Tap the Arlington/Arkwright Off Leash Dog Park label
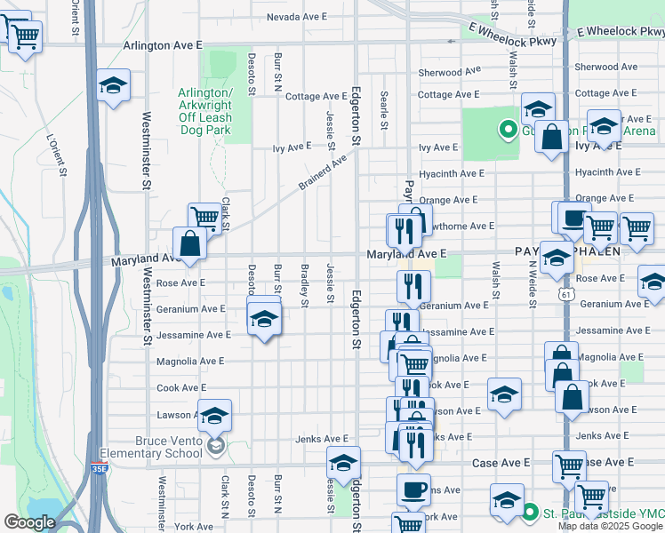pos(204,111)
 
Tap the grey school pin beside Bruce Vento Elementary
pos(214,445)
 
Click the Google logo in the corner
pos(29,522)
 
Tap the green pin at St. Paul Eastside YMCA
pos(530,513)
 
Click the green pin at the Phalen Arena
pos(509,131)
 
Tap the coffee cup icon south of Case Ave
pos(413,489)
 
